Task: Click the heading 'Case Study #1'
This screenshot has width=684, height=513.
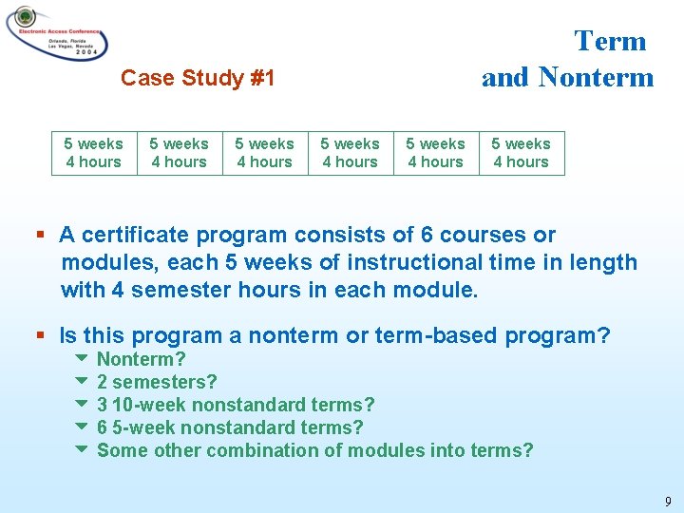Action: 198,78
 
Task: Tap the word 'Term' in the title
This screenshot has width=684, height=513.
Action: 610,41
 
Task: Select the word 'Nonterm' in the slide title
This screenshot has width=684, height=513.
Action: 596,77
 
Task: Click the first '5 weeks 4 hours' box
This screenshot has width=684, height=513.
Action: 93,153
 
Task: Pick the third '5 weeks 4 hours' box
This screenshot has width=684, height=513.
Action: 264,153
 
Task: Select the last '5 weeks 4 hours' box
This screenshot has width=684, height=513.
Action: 521,153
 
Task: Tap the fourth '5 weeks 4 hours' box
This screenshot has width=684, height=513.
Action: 350,153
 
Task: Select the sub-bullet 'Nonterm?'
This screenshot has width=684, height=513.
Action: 141,359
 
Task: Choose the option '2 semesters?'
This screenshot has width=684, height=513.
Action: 157,382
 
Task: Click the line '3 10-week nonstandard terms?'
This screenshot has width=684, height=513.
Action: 236,405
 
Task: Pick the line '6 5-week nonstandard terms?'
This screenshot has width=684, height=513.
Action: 230,427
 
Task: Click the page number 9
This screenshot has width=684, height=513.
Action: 667,502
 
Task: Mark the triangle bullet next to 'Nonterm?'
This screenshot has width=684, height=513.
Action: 80,359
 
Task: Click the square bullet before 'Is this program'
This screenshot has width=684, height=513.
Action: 40,336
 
